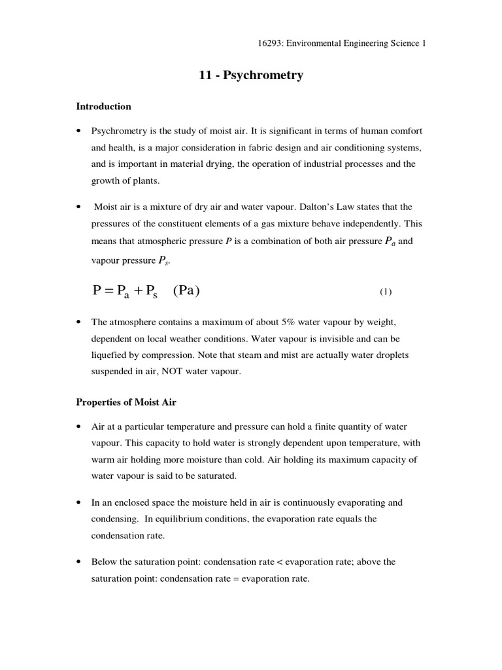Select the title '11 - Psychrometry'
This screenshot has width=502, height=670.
pyautogui.click(x=251, y=75)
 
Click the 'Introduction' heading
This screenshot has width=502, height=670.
pyautogui.click(x=104, y=106)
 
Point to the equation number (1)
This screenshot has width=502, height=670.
pyautogui.click(x=385, y=292)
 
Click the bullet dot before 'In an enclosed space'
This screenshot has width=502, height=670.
pyautogui.click(x=79, y=503)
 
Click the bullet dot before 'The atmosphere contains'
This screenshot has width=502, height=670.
pyautogui.click(x=79, y=323)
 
